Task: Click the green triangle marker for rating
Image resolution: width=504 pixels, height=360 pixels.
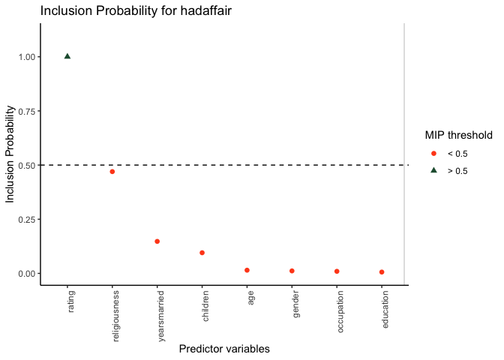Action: click(67, 55)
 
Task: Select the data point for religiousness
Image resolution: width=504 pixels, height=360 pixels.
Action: click(112, 172)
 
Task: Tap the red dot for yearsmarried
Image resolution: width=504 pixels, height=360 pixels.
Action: click(157, 241)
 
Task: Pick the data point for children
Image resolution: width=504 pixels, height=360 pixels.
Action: click(202, 253)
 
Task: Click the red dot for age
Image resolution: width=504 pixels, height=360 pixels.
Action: click(247, 270)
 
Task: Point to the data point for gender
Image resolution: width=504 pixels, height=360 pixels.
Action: click(292, 271)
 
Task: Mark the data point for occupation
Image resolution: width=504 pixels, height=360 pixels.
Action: click(337, 271)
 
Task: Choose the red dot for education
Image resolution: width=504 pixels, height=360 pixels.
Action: click(382, 272)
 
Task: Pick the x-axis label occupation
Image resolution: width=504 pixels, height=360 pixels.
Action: click(340, 313)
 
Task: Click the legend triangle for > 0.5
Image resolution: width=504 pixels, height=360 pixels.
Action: click(433, 170)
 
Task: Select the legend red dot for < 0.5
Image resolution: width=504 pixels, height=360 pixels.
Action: click(433, 153)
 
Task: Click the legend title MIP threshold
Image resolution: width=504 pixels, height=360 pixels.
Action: click(458, 136)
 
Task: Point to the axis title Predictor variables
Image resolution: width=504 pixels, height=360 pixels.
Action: click(224, 349)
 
